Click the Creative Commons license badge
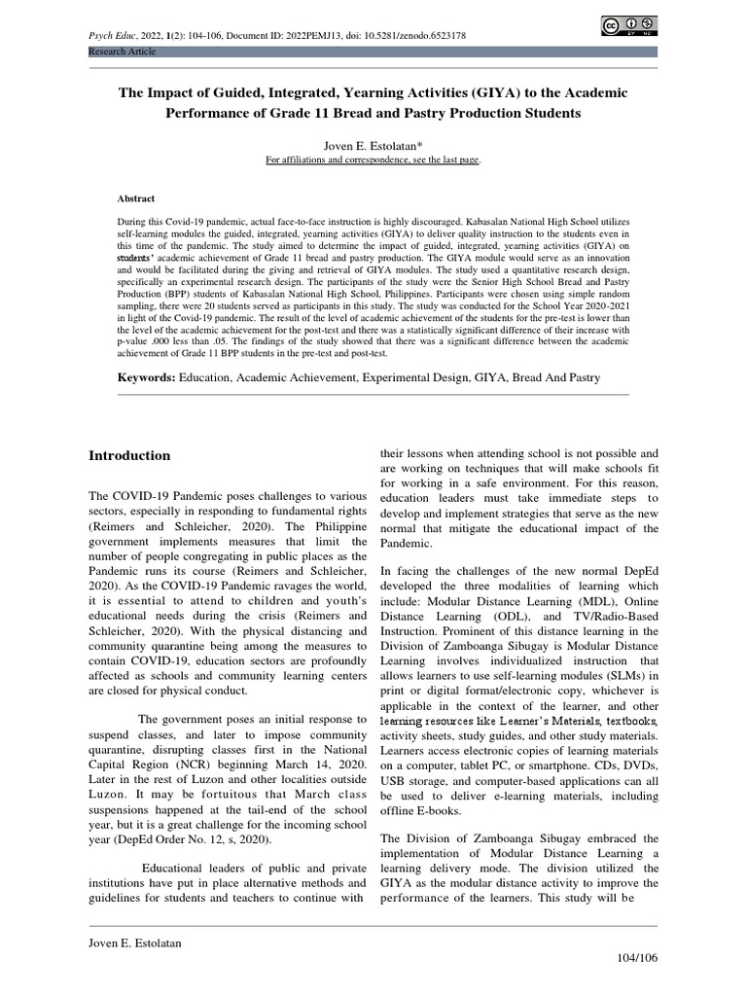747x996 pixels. point(628,26)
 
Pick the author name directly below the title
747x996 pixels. point(373,142)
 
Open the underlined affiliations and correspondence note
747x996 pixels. point(373,160)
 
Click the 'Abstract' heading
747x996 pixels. point(135,197)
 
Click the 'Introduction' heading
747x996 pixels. point(129,455)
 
